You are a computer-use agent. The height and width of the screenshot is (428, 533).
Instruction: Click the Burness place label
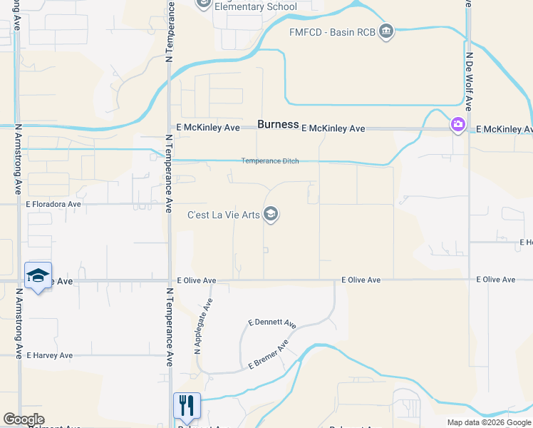coord(278,124)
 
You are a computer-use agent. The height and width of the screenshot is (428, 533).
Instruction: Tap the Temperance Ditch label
coord(269,161)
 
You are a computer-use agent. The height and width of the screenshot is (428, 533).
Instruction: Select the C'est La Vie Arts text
coord(222,214)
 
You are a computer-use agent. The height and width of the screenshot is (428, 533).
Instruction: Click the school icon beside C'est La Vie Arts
coord(271,214)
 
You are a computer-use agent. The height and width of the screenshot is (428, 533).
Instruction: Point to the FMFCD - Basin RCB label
coord(332,32)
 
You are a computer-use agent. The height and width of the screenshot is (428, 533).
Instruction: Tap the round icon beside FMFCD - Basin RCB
coord(386,32)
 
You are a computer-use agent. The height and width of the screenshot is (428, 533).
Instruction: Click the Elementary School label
coord(255,7)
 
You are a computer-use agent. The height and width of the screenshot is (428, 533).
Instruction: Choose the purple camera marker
coord(457,126)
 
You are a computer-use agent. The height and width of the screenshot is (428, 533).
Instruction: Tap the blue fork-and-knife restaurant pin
coord(187,405)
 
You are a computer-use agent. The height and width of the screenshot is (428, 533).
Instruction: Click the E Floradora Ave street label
coord(54,204)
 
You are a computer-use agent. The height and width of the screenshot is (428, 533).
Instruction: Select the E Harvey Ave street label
coord(50,355)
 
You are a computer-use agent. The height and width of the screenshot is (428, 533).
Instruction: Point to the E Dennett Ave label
coord(272,323)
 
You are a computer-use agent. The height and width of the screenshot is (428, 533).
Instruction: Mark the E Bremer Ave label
coord(268,355)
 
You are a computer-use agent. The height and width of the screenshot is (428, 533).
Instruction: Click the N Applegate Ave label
coord(203,326)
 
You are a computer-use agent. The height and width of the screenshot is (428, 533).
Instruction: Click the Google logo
coord(24,419)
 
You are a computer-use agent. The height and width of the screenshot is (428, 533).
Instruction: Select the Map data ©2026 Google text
coord(488,422)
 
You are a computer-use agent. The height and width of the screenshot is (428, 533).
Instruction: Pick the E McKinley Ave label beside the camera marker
coord(504,129)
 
